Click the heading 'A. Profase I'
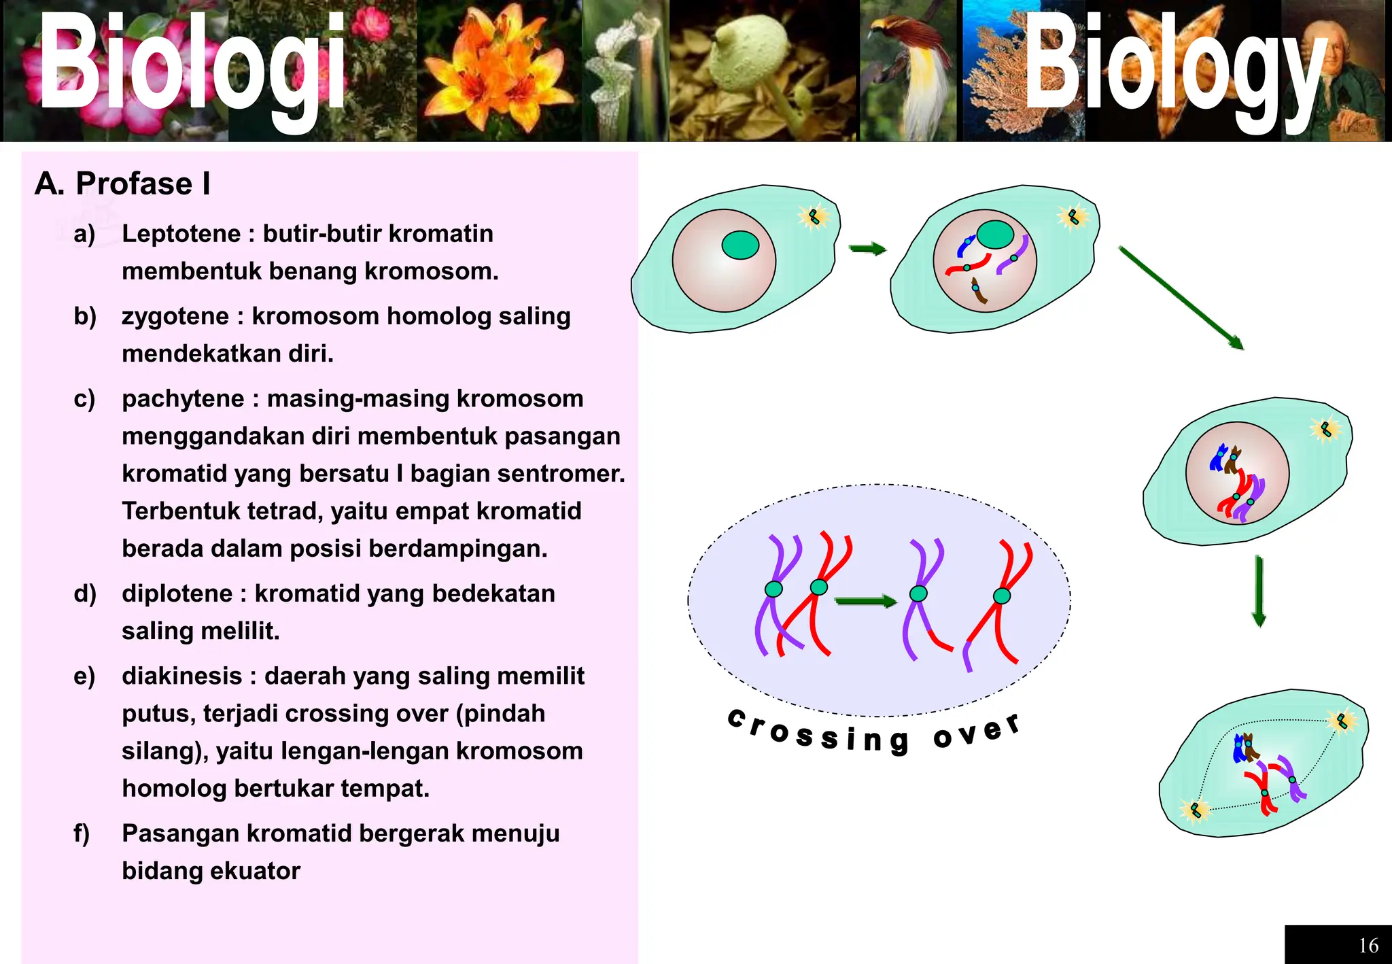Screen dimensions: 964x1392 coord(122,184)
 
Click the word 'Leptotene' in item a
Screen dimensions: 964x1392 coord(181,234)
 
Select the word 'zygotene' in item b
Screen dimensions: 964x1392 coord(175,317)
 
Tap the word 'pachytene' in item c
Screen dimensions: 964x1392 coord(183,399)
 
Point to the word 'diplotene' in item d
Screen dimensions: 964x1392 coord(177,594)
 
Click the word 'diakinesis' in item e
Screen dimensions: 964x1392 coord(182,676)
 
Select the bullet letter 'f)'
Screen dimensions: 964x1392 coord(82,833)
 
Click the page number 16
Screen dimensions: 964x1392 coord(1368,945)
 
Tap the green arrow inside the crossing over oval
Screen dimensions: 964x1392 coord(865,601)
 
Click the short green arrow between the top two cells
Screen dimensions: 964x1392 coord(868,249)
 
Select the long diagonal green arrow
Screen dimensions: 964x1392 coord(1181,298)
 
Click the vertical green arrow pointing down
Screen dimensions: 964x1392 coord(1259,591)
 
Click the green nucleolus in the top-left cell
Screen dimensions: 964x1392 coord(739,245)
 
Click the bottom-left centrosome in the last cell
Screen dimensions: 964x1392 coord(1196,810)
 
